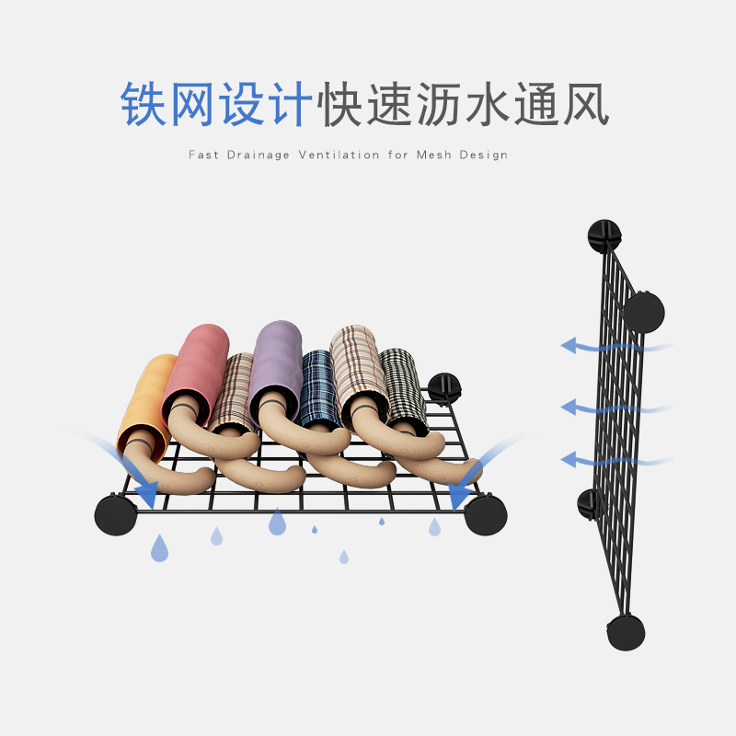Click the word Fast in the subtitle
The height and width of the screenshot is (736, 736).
pyautogui.click(x=203, y=155)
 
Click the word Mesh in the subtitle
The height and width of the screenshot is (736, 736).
pyautogui.click(x=435, y=155)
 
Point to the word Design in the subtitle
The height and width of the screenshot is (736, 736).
pyautogui.click(x=484, y=155)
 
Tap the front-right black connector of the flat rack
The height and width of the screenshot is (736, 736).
pyautogui.click(x=485, y=514)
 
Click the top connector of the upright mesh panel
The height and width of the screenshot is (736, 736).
pyautogui.click(x=603, y=236)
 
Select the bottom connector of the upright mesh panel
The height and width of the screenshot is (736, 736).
pyautogui.click(x=626, y=633)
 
